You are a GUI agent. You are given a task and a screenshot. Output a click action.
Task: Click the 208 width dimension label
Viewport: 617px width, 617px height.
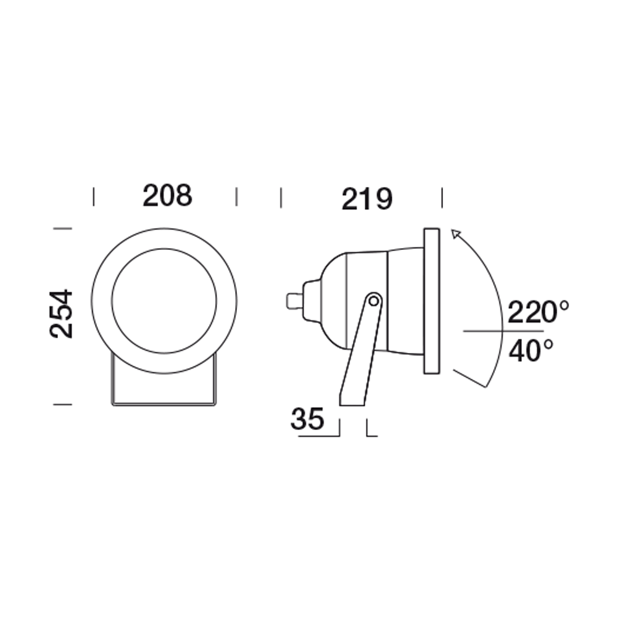167,196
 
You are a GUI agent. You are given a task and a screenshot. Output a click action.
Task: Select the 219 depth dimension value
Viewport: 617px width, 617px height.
366,199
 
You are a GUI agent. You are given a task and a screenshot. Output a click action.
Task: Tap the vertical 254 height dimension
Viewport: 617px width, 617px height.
62,313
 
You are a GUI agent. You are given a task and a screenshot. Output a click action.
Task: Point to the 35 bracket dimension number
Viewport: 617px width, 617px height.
307,420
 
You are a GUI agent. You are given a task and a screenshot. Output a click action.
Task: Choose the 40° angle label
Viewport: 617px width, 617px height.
531,351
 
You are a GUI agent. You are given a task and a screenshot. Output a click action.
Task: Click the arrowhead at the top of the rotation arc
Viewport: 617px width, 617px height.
455,233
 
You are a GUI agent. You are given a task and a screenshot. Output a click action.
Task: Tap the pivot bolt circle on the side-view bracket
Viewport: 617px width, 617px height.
372,301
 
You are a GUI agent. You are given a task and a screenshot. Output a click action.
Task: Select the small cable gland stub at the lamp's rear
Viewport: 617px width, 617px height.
294,301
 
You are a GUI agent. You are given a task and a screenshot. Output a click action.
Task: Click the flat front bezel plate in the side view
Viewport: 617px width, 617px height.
431,300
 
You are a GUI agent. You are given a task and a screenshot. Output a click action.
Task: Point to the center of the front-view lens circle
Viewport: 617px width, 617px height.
164,300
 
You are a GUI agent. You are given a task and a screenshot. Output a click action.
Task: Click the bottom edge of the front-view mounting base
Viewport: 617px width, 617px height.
164,405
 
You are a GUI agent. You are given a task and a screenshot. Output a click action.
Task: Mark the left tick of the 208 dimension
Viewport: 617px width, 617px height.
93,197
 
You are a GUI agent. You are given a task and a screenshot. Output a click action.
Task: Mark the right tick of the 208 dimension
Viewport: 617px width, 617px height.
237,197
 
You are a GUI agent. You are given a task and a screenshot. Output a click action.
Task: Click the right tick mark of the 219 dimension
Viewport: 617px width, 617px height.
442,198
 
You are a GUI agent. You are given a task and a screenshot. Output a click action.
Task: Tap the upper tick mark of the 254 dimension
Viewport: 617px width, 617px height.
63,228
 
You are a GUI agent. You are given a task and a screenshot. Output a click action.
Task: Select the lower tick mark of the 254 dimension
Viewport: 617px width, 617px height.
63,404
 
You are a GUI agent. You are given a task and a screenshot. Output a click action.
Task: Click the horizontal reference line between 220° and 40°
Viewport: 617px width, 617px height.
487,331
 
